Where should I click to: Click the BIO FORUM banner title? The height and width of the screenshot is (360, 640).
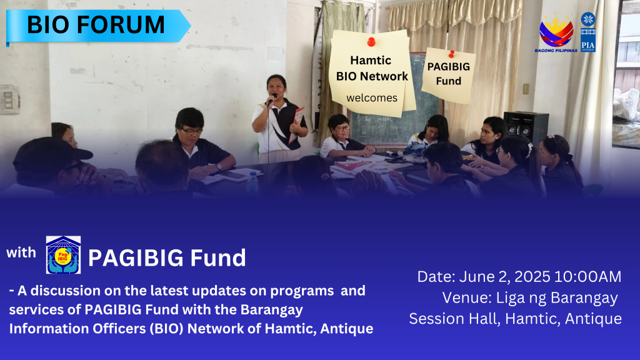coord(96,24)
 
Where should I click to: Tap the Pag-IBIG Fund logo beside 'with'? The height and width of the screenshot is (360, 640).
coord(63,255)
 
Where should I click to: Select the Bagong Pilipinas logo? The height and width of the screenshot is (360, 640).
coord(556,32)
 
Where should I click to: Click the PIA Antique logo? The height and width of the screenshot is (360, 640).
coord(588,32)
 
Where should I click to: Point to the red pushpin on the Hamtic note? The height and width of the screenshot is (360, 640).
coord(371,42)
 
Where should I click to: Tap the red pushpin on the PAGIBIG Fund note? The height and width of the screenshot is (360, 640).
coord(451,54)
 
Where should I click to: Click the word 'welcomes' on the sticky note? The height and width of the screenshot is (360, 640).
coord(372,98)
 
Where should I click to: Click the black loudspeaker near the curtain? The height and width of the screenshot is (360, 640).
coord(526,127)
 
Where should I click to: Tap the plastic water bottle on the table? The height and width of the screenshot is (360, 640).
coord(252,182)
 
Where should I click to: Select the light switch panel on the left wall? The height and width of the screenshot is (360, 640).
coord(9,99)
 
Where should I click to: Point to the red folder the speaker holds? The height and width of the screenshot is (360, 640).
coord(297,123)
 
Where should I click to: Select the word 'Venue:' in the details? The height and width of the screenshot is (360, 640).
coord(467,298)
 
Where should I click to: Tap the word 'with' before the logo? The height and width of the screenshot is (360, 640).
coord(21,252)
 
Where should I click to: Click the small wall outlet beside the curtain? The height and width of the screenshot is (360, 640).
coord(526,89)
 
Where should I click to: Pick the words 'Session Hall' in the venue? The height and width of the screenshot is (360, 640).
coord(454,319)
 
